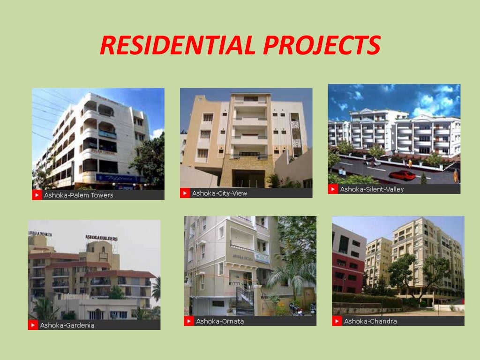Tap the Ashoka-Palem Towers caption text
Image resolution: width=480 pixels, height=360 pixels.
79,195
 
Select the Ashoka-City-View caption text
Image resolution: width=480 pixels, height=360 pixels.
219,193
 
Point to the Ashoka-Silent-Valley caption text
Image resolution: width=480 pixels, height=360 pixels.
372,189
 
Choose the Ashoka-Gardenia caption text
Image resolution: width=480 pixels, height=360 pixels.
67,325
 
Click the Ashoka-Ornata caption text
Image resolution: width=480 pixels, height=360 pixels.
220,321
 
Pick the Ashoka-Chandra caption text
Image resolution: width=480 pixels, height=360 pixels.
370,321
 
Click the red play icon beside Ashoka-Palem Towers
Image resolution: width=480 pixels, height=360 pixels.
37,195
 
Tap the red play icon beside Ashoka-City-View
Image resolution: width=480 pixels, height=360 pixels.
185,193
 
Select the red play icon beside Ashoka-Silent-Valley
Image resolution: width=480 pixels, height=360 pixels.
333,189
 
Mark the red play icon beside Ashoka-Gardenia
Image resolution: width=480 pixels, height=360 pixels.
33,325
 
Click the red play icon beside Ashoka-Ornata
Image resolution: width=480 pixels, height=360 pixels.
189,321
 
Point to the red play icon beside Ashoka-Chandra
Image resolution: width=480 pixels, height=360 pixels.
337,321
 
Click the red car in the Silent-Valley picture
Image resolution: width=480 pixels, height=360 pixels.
402,175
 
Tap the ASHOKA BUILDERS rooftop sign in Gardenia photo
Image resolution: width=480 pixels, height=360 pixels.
101,238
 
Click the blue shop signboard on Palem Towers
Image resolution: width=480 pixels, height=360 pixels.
120,178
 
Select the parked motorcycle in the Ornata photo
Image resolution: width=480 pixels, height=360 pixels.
296,308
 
